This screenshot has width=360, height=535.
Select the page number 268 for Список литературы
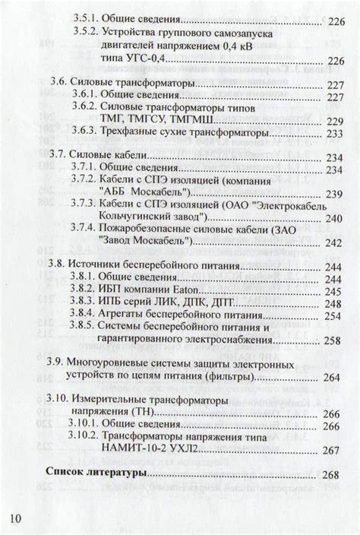(x=330, y=476)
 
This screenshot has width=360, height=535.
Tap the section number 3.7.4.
(x=81, y=227)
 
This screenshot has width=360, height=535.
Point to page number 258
(x=331, y=341)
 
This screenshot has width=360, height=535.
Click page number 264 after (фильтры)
(x=331, y=377)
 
